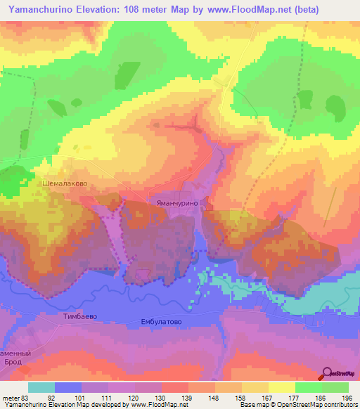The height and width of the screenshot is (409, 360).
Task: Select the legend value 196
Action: [x=347, y=398]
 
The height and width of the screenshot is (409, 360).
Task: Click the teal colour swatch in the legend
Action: [x=41, y=387]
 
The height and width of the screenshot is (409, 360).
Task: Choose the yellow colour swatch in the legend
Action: [x=281, y=387]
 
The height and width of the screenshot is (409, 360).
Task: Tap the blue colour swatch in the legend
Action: [x=68, y=387]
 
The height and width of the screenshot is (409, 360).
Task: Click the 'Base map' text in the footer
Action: [x=253, y=405]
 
